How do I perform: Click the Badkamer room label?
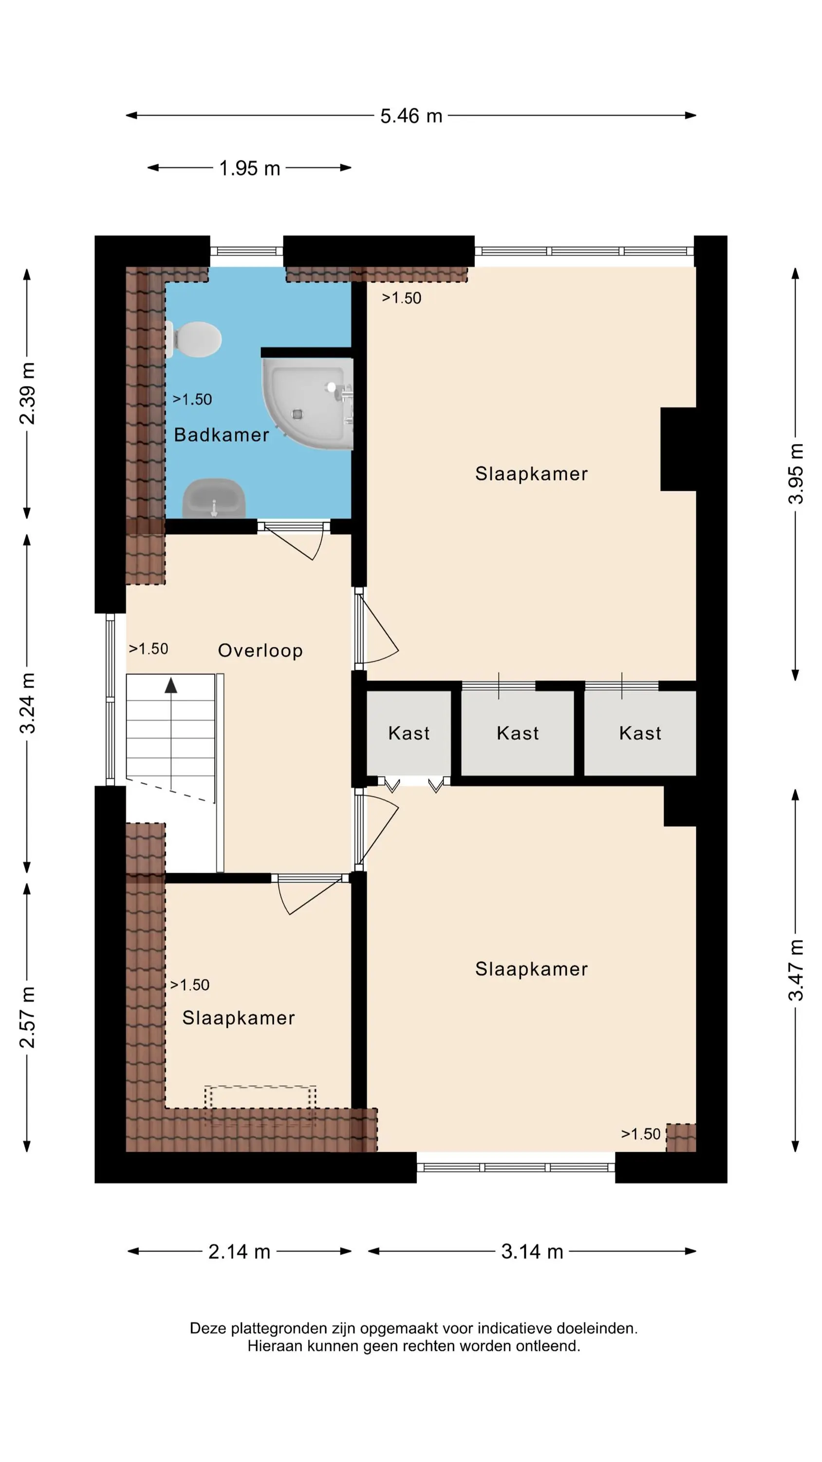pyautogui.click(x=221, y=435)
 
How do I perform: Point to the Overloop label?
pyautogui.click(x=261, y=651)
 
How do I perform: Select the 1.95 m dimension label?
pyautogui.click(x=250, y=168)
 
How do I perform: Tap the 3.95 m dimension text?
pyautogui.click(x=796, y=474)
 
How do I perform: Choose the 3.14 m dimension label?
pyautogui.click(x=532, y=1251)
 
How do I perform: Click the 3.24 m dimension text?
pyautogui.click(x=27, y=703)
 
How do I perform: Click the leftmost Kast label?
pyautogui.click(x=409, y=733)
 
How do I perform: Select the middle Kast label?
pyautogui.click(x=517, y=733)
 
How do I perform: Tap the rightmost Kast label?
pyautogui.click(x=640, y=733)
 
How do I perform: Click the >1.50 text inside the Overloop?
pyautogui.click(x=149, y=649)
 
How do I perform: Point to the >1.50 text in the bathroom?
pyautogui.click(x=192, y=400)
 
